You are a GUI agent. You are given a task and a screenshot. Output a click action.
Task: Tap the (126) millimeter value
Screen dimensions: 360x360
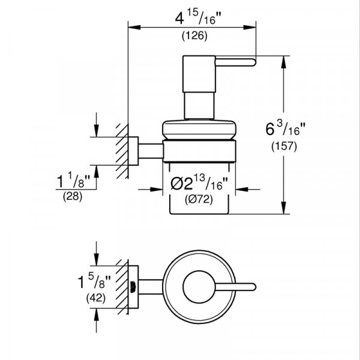click(x=194, y=36)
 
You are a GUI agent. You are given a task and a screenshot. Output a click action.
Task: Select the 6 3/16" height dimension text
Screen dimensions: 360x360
click(x=286, y=129)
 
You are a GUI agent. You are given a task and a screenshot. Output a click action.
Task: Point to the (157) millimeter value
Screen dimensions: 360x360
click(x=284, y=146)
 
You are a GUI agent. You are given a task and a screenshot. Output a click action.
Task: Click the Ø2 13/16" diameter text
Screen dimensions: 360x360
click(x=199, y=182)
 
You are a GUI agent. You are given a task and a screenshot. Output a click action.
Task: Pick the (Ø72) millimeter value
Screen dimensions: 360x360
click(x=199, y=199)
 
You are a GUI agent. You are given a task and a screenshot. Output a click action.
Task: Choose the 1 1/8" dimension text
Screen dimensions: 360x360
click(x=74, y=181)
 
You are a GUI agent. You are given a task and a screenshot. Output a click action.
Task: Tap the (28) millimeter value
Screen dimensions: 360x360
click(x=73, y=197)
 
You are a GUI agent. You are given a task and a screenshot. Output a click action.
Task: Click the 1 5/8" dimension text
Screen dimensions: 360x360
click(x=94, y=282)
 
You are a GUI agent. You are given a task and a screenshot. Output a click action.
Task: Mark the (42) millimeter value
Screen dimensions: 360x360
click(x=96, y=298)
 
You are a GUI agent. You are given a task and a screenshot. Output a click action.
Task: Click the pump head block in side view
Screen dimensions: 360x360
click(x=199, y=74)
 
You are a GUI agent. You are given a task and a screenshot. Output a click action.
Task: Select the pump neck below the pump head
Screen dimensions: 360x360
click(x=199, y=106)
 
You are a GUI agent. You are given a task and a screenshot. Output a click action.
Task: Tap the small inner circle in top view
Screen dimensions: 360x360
click(x=199, y=287)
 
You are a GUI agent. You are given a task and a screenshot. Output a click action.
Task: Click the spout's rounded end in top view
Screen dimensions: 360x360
click(x=253, y=287)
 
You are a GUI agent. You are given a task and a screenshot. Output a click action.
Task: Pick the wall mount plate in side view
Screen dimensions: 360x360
click(x=133, y=151)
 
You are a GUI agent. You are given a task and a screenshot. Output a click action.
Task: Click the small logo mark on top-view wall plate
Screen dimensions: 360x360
click(x=133, y=287)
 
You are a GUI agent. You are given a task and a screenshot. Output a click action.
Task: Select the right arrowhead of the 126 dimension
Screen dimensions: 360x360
click(x=250, y=28)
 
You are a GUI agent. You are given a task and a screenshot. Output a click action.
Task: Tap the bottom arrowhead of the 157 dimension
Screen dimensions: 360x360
click(x=284, y=208)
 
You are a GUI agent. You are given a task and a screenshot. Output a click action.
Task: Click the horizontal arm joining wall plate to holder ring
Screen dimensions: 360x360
click(x=151, y=151)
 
